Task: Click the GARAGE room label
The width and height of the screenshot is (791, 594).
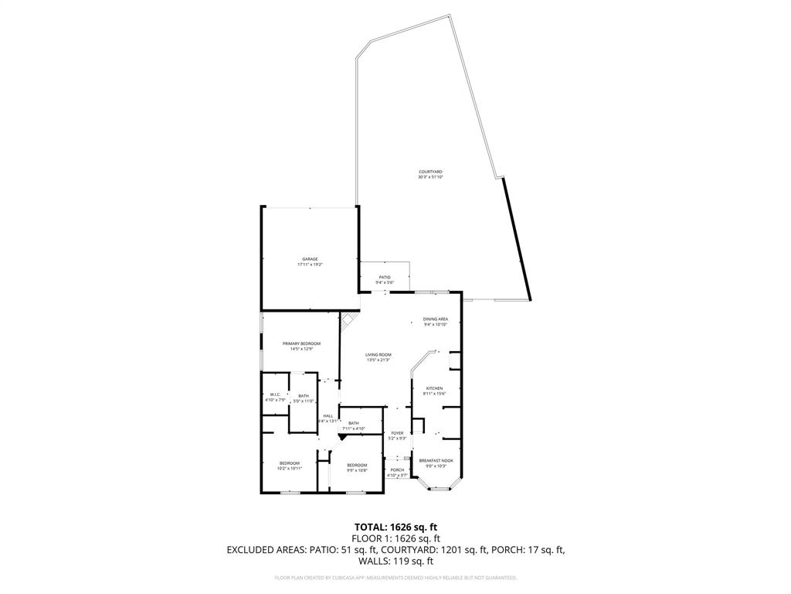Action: click(x=310, y=259)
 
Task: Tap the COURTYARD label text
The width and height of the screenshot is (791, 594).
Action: click(x=430, y=172)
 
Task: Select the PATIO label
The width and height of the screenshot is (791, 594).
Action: click(x=384, y=277)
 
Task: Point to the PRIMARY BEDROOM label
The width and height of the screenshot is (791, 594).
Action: click(x=301, y=343)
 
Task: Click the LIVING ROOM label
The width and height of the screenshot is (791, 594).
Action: click(x=379, y=354)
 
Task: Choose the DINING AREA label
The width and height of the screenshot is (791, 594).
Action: click(x=435, y=319)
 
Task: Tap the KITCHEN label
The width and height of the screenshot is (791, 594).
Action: click(x=433, y=388)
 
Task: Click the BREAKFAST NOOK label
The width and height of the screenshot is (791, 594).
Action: click(x=436, y=460)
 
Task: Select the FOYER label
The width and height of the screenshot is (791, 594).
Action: click(x=397, y=433)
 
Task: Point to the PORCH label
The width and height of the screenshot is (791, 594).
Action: click(x=397, y=469)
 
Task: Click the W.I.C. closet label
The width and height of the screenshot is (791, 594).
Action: click(x=274, y=394)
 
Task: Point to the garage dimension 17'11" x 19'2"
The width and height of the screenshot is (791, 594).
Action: click(x=310, y=265)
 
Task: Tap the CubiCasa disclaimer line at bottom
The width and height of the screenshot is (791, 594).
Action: click(x=395, y=578)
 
